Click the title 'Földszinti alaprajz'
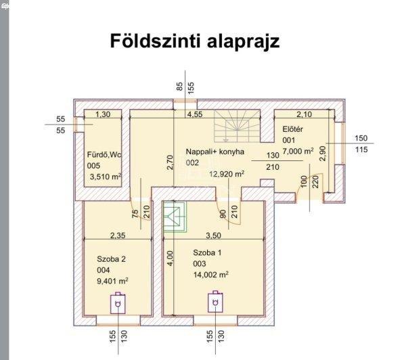tap(195, 41)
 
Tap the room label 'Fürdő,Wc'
tap(104, 155)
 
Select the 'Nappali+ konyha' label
tap(215, 152)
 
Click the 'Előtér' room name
tap(292, 129)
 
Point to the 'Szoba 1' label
tap(207, 253)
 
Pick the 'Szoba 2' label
tap(112, 259)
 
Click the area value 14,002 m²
tap(210, 275)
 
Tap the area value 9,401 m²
tap(112, 281)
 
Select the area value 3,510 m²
tap(106, 177)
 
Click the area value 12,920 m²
tap(227, 174)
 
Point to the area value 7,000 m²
tap(298, 151)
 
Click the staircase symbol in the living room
tap(237, 126)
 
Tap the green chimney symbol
tap(175, 217)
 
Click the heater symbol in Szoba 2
tap(118, 303)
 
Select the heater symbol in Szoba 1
tap(215, 302)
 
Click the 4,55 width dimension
tap(195, 114)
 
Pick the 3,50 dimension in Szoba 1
tap(214, 235)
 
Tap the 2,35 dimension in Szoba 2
tap(118, 235)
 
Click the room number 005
tap(93, 166)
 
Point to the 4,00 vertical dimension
tap(170, 258)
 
